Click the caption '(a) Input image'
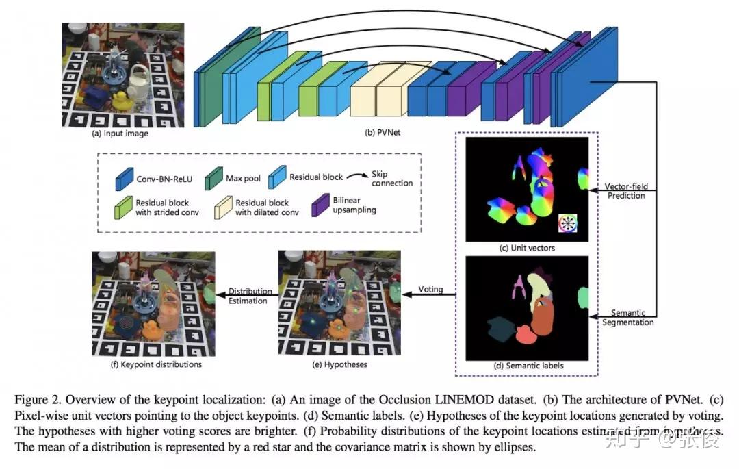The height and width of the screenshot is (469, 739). (x=120, y=134)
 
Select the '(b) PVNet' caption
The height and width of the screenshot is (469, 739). (x=383, y=133)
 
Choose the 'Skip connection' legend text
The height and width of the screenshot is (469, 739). (x=392, y=179)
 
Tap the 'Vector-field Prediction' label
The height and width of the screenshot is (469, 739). (x=625, y=191)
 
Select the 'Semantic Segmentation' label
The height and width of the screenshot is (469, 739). (x=628, y=318)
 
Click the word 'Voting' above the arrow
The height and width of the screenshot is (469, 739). (x=430, y=289)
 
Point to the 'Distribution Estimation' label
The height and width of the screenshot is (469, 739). (x=248, y=296)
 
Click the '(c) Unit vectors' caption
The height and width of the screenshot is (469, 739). (x=528, y=248)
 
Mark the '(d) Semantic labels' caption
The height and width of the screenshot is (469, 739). (x=528, y=366)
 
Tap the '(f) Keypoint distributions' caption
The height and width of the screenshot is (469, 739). (x=156, y=364)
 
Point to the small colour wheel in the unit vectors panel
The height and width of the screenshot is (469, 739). (x=568, y=223)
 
